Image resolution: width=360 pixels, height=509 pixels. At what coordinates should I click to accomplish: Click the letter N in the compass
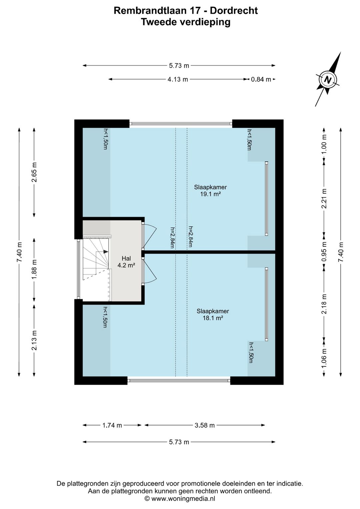click(328, 79)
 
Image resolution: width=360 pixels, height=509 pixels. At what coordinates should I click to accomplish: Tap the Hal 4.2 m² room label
click(127, 262)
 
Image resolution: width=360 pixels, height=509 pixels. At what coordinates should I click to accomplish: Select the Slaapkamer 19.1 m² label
click(210, 190)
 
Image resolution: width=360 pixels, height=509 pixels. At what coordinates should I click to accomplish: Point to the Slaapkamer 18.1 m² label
click(213, 315)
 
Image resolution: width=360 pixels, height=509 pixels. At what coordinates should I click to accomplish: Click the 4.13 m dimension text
click(178, 79)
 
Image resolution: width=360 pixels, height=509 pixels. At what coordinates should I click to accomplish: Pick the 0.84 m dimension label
click(261, 79)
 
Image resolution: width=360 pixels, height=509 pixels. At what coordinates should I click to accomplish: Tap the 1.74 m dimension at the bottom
click(112, 425)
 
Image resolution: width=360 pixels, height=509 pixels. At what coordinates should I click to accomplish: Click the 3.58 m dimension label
click(205, 425)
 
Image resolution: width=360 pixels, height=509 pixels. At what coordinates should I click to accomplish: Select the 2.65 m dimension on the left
click(34, 172)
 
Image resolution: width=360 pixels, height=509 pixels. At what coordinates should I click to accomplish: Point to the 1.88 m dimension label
click(34, 270)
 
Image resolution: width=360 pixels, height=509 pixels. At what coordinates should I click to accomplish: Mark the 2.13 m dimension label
click(34, 341)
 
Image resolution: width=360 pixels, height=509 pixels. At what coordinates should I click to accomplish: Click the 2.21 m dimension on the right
click(324, 198)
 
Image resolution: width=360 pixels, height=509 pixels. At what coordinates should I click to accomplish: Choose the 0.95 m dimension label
click(324, 251)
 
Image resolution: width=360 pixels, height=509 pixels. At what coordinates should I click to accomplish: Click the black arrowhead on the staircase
click(106, 251)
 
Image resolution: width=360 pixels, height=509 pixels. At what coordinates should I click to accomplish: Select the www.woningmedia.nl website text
click(183, 499)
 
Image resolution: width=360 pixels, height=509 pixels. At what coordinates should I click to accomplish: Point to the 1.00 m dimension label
click(324, 144)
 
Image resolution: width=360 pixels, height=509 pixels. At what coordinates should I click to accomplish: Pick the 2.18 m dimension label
click(324, 304)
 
